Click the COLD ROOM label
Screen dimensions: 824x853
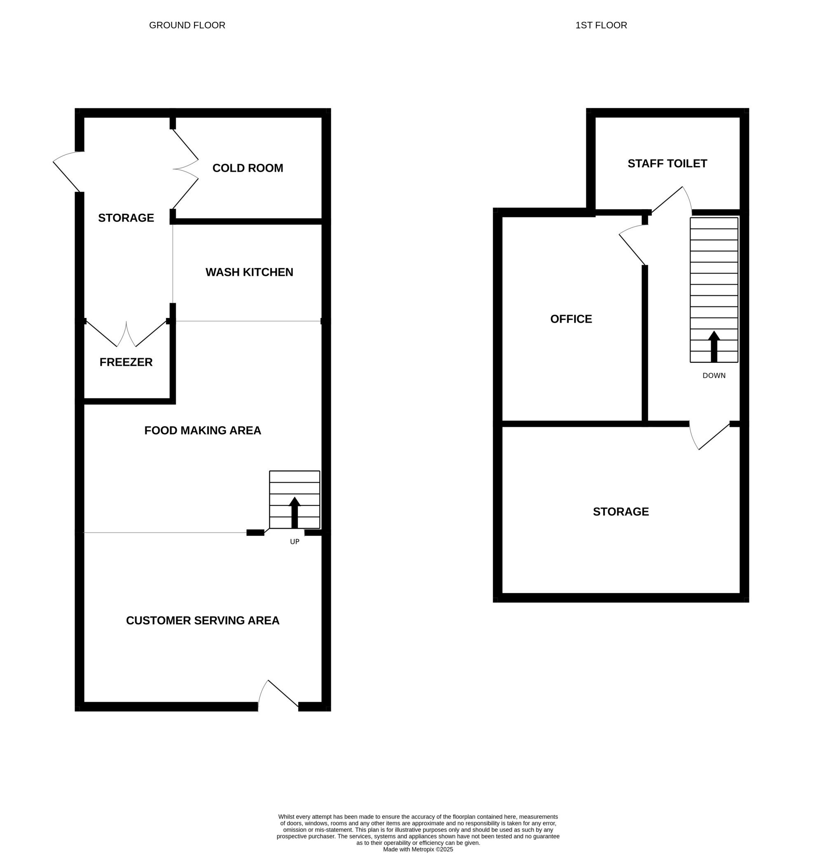tap(248, 168)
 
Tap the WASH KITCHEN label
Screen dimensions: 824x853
tap(249, 272)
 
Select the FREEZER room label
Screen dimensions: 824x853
tap(126, 362)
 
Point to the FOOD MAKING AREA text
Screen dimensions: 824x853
tap(203, 430)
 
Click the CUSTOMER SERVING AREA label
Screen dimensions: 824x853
tap(203, 621)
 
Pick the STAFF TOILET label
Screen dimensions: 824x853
tap(667, 164)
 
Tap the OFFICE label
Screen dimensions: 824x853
tap(571, 319)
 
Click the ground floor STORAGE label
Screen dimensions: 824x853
tap(126, 218)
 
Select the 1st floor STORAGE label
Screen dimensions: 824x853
tap(621, 512)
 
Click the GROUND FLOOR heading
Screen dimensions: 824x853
tap(187, 25)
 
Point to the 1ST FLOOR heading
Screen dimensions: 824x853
tap(601, 25)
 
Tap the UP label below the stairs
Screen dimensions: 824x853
tap(295, 542)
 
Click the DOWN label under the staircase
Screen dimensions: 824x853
tap(714, 376)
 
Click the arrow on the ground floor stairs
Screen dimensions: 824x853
tap(295, 512)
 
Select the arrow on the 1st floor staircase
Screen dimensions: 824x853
tap(714, 346)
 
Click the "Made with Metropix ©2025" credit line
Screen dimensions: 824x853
tap(418, 849)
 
